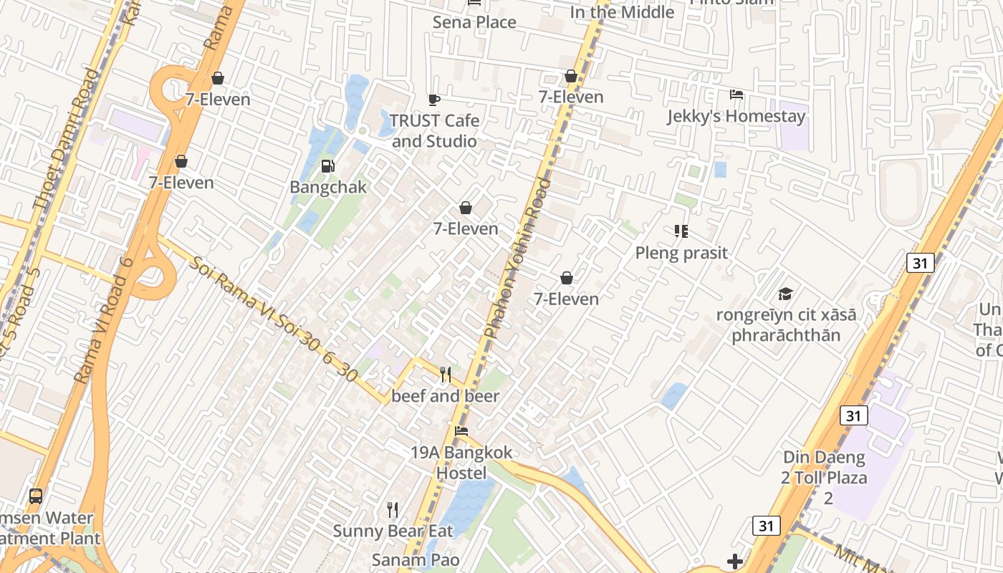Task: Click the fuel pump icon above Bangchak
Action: pos(327,166)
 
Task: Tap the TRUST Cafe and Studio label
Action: pos(434,131)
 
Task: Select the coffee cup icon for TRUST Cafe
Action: pos(433,100)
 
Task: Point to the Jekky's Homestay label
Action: pos(736,116)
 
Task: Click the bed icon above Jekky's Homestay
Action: pos(736,95)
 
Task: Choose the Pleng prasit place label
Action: pos(681,253)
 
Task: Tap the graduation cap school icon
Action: pos(785,294)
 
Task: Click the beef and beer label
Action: pos(445,396)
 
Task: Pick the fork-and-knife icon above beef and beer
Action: pos(445,374)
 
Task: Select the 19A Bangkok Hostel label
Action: pos(461,463)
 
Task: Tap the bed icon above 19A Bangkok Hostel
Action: pos(461,431)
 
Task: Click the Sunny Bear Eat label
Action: pos(393,531)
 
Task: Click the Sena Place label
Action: pos(474,22)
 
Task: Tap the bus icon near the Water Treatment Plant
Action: pos(35,496)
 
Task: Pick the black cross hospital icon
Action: pos(735,562)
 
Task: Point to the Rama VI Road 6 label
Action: pos(104,319)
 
